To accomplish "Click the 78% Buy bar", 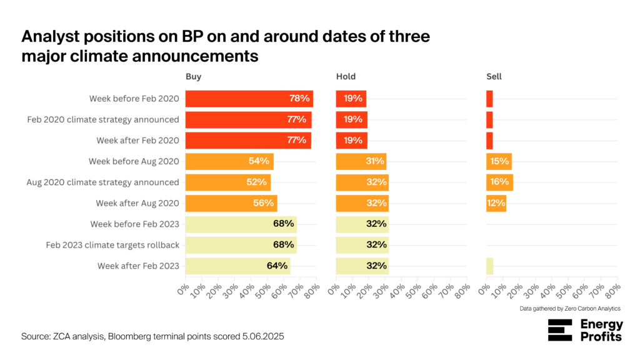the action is [x=249, y=99].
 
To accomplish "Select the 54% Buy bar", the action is [x=229, y=162].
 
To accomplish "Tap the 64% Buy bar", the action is [x=237, y=266].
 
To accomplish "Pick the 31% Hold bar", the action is [x=361, y=162].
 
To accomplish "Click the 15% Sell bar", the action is [x=499, y=162].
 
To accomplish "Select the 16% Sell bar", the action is [x=499, y=182].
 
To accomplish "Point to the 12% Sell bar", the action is [x=496, y=203].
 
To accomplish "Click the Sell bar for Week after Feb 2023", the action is [x=490, y=266].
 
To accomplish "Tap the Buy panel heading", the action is [x=194, y=77].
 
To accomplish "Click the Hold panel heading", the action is [x=346, y=77].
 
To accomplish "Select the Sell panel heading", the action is [x=494, y=77].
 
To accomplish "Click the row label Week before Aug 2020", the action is [x=134, y=162].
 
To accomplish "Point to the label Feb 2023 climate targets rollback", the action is [x=112, y=245].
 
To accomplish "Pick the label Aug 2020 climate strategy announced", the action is [x=103, y=182].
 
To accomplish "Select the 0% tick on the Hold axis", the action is [x=334, y=289].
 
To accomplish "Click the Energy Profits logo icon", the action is [x=560, y=330].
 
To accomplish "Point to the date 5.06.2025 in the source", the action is [x=263, y=337].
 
